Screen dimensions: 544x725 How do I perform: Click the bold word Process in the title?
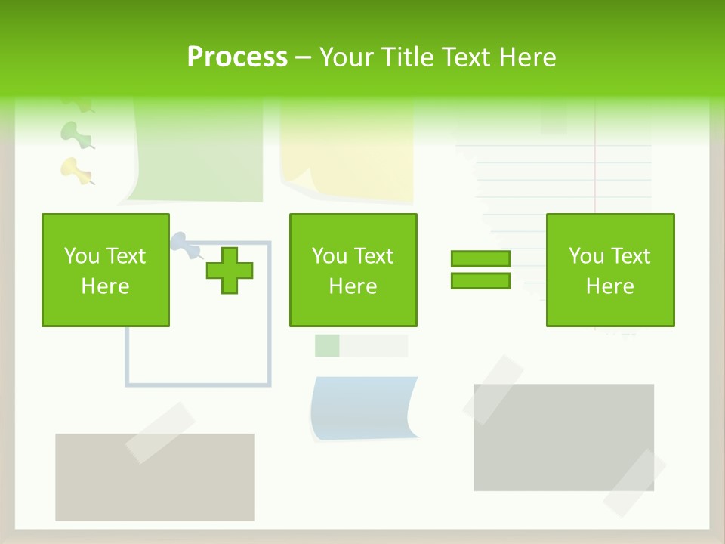tap(237, 57)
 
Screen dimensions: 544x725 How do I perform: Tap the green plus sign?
tap(230, 270)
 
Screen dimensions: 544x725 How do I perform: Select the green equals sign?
tap(480, 270)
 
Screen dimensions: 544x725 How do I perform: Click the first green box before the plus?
tap(106, 270)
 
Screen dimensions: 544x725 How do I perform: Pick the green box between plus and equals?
tap(353, 270)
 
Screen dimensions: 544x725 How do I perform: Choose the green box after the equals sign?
tap(609, 270)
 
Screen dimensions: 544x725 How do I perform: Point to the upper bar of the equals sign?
tap(480, 258)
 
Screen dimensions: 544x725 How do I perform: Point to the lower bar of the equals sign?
tap(480, 281)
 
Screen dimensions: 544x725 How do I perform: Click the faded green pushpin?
tap(74, 133)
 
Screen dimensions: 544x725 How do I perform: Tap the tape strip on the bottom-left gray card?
tap(159, 432)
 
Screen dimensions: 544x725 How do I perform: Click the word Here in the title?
tap(529, 57)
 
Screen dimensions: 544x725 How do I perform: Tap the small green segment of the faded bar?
tap(327, 345)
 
